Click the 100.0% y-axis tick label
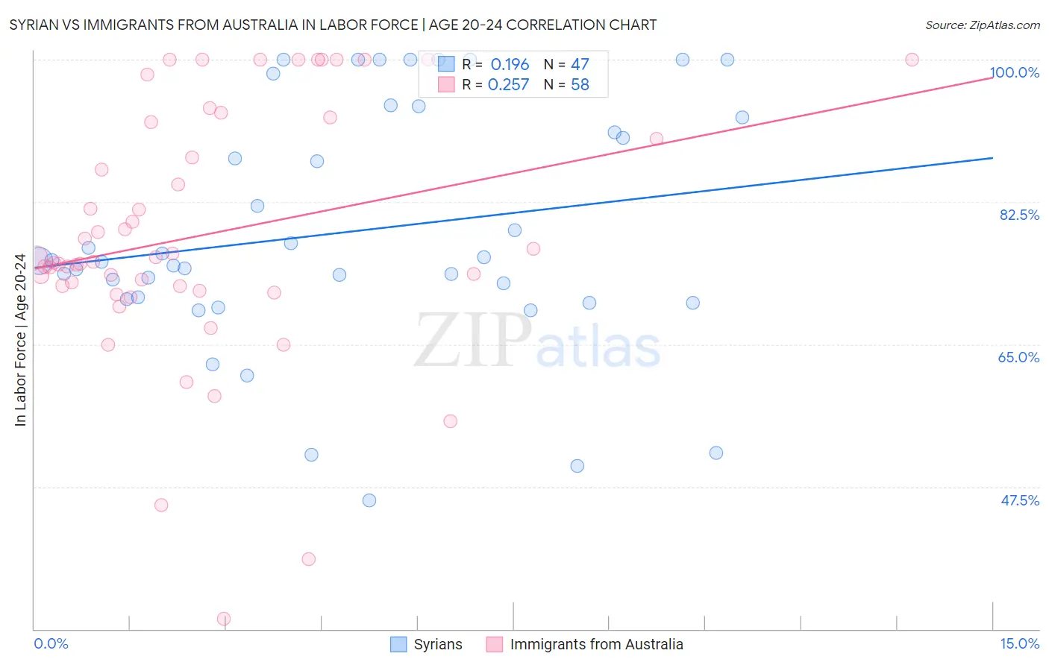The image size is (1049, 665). tap(1014, 72)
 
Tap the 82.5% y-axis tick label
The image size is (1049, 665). tap(1019, 215)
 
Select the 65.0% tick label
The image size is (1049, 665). tap(1018, 357)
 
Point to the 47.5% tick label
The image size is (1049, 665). tap(1019, 500)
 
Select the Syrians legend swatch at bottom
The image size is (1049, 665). tap(399, 644)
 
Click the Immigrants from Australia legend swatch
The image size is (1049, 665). tap(494, 644)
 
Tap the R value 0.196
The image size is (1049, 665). tap(510, 65)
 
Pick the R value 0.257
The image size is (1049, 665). tap(508, 85)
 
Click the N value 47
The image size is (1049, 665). tap(580, 65)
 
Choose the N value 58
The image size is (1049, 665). tap(580, 85)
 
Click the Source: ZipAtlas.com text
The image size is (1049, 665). tap(982, 25)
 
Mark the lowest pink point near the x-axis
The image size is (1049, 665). tap(224, 619)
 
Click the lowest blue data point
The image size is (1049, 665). tap(369, 500)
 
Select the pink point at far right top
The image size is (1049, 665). tap(912, 60)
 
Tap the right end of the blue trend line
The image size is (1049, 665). tap(992, 158)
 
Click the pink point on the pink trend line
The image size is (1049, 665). tap(657, 139)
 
